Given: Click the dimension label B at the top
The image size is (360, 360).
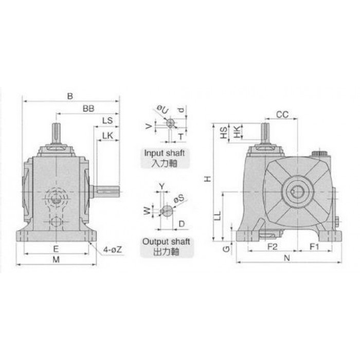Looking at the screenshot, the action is (70, 96).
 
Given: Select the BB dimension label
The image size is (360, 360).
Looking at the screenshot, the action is (88, 109).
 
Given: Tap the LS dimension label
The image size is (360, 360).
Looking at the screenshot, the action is (107, 120).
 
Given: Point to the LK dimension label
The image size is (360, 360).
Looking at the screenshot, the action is (107, 136).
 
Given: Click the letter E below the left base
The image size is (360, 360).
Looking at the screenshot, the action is (56, 249).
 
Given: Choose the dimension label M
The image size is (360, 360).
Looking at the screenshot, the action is (56, 259).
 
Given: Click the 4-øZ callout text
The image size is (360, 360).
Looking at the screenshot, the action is (112, 250).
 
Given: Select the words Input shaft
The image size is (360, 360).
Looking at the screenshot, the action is (165, 153).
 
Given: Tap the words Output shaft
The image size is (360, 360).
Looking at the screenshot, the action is (166, 242).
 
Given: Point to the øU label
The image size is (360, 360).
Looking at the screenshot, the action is (163, 110).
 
